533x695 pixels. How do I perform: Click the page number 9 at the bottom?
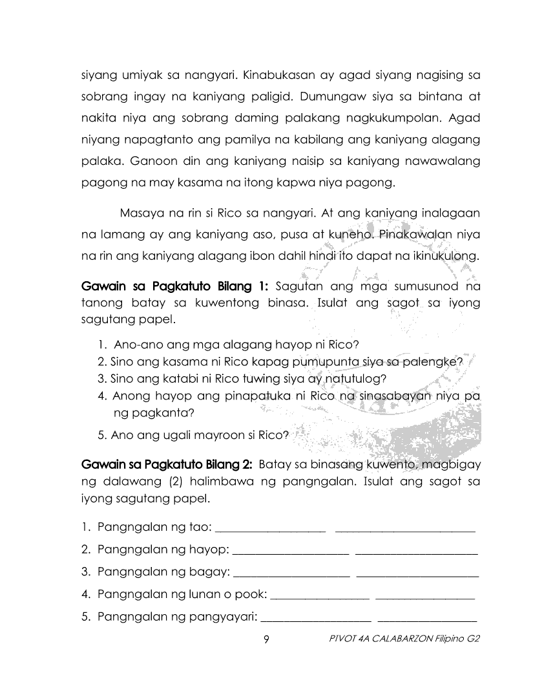pos(266,639)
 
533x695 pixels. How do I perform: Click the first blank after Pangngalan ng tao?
pos(270,528)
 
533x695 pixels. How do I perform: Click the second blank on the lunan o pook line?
pos(424,594)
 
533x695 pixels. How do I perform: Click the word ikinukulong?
pos(446,255)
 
